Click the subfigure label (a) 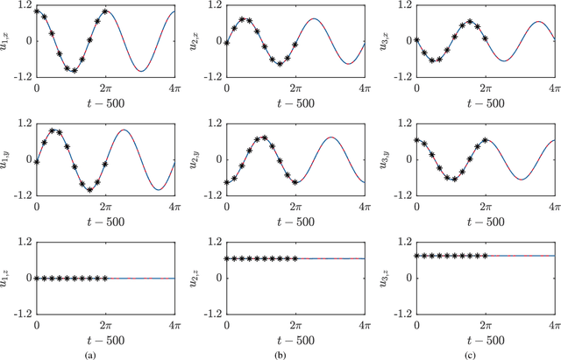coord(104,353)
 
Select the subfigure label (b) coord(295,353)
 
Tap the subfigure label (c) coord(486,353)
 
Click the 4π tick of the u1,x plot coord(174,88)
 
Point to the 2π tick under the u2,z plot coord(295,325)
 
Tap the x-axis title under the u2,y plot coord(295,220)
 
